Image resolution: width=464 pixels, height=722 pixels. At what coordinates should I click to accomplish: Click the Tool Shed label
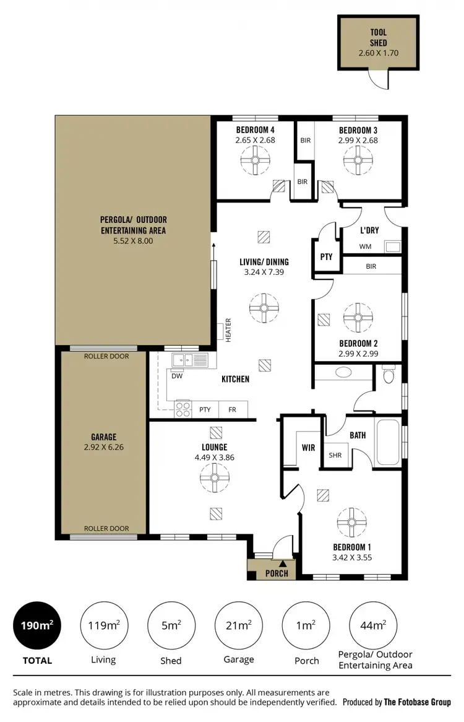[x=378, y=38]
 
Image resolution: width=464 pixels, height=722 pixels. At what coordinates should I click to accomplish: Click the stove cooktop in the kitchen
[x=183, y=409]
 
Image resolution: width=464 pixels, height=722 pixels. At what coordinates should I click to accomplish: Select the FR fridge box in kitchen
[x=232, y=409]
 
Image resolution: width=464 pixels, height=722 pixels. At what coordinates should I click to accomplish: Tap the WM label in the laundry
[x=366, y=247]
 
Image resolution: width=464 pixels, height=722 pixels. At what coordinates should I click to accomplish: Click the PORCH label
[x=276, y=573]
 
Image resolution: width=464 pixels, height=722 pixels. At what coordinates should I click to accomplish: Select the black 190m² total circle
[x=37, y=626]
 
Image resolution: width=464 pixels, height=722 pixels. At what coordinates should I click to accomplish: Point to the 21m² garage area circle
[x=239, y=626]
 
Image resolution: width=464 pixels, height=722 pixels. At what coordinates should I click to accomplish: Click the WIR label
[x=309, y=446]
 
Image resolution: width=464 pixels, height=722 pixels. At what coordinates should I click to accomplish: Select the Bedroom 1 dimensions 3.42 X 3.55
[x=352, y=557]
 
